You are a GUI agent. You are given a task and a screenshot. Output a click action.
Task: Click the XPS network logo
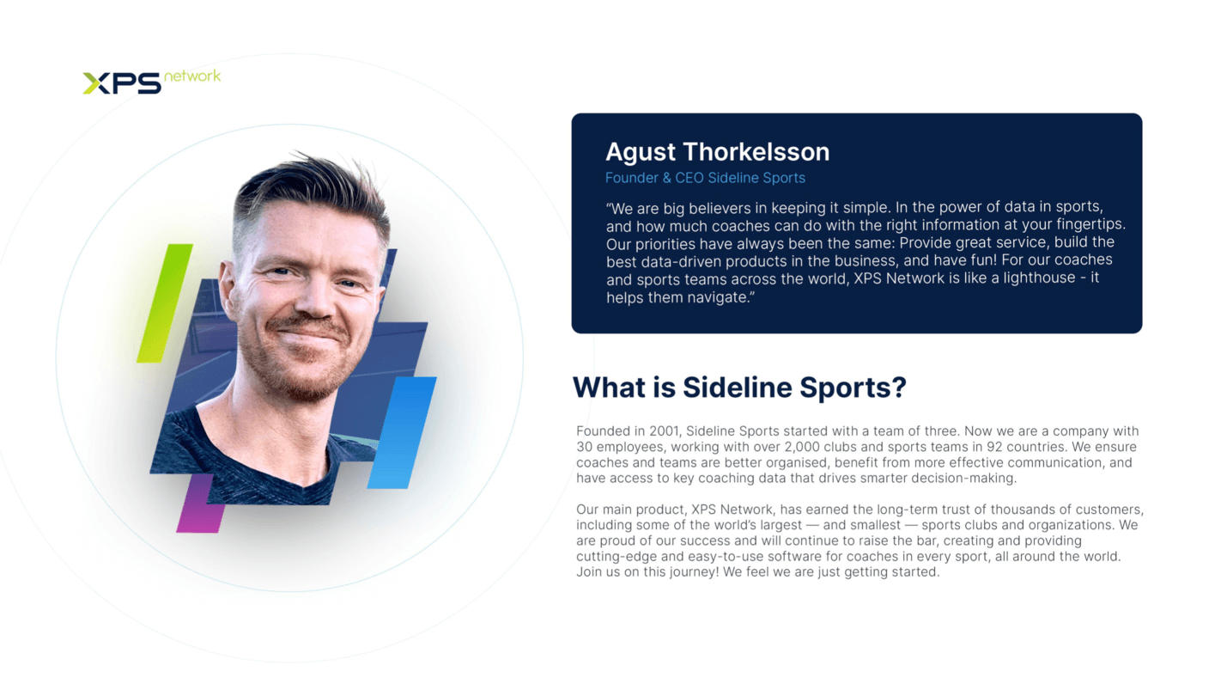(152, 82)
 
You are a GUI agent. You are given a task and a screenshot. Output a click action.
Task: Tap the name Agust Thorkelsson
(718, 152)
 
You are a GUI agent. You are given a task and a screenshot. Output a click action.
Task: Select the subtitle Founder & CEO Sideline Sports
(705, 178)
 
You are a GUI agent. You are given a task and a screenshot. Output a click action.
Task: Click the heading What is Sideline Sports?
(739, 388)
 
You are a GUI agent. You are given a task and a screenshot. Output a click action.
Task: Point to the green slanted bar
(165, 303)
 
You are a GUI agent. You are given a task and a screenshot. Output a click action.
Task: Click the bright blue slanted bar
(402, 432)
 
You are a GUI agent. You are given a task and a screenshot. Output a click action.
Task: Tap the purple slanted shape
(200, 504)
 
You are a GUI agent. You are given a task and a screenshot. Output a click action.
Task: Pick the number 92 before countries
(994, 447)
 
